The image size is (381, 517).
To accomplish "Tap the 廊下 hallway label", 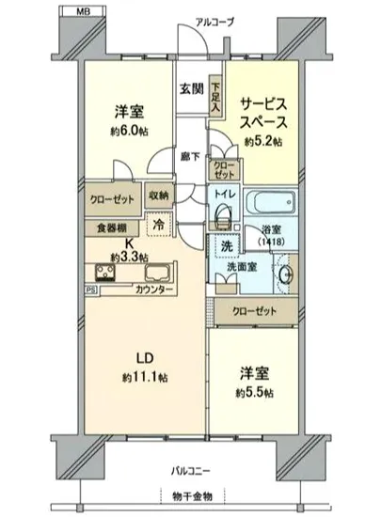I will (x=188, y=157).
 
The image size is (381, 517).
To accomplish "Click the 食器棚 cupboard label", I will (x=112, y=227).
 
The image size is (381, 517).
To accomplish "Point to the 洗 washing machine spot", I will (x=226, y=245).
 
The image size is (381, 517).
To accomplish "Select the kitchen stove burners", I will (x=105, y=274).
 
